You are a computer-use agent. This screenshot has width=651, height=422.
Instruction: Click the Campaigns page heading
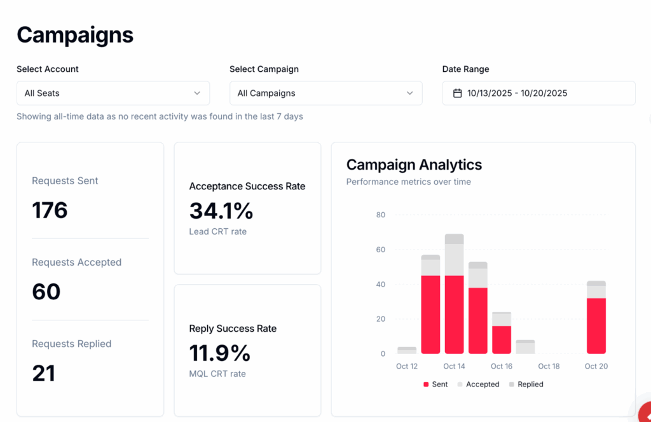(75, 35)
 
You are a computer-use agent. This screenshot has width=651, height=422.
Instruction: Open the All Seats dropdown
(113, 93)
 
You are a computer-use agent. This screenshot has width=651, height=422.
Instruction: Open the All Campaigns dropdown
(325, 93)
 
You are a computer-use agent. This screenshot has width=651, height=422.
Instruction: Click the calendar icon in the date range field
(457, 93)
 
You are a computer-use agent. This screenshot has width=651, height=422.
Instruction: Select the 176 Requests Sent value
(50, 210)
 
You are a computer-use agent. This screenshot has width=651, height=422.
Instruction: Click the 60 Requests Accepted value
(46, 292)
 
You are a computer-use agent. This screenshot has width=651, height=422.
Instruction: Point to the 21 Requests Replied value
(43, 373)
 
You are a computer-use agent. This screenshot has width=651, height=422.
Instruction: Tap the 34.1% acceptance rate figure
(221, 210)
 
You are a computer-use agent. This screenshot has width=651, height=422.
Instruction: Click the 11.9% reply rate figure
(220, 353)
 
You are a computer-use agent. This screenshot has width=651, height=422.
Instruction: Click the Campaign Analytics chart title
(414, 165)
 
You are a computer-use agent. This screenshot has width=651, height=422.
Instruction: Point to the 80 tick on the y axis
(380, 215)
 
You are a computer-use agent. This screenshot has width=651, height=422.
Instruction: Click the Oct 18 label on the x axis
(549, 366)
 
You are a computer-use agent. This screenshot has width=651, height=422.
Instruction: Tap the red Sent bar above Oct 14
(454, 314)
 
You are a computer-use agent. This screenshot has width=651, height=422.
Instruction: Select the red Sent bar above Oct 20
(596, 325)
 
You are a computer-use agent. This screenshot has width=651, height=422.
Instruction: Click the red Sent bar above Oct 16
(501, 339)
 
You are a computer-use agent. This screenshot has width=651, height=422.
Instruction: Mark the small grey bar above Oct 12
(407, 350)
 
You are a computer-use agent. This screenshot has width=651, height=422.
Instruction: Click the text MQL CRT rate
(217, 374)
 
